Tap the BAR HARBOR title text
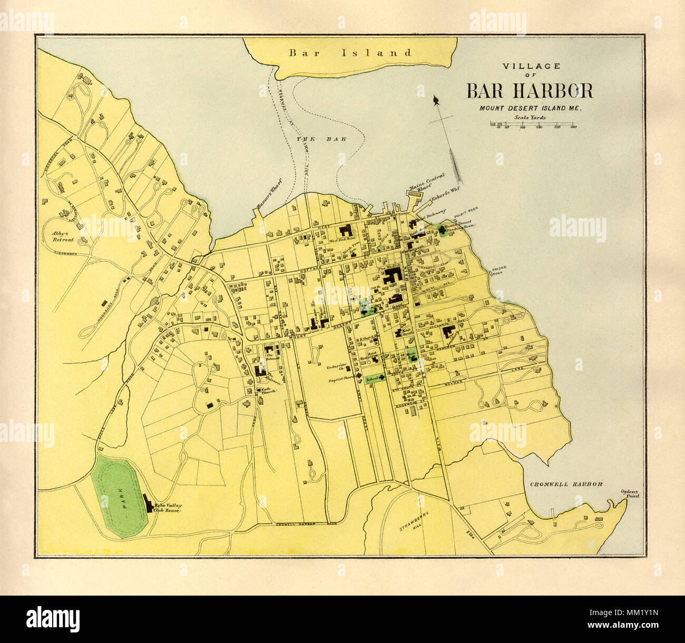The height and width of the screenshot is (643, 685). tap(530, 91)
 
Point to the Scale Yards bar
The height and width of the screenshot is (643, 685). tap(533, 124)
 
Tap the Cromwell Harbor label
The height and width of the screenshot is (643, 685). tap(565, 484)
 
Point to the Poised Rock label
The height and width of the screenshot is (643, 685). tap(498, 270)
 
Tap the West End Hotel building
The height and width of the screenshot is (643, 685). tap(346, 232)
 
